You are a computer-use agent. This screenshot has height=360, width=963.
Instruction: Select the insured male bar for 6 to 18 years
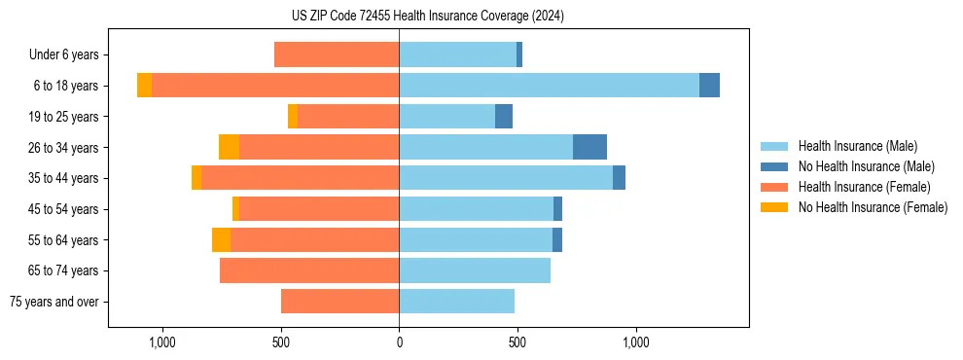point(549,86)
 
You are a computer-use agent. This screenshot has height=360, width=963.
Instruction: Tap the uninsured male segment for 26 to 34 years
point(589,147)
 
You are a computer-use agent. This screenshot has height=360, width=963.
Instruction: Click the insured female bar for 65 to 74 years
point(309,270)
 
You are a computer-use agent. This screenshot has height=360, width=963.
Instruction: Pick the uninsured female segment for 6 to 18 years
point(144,86)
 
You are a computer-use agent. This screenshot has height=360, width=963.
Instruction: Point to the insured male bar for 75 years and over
point(456,302)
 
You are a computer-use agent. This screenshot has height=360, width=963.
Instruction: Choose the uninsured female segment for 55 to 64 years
point(221,239)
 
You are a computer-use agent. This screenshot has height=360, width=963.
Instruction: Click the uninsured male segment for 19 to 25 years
point(504,117)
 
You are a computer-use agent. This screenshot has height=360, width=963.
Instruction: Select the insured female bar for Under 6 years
point(337,54)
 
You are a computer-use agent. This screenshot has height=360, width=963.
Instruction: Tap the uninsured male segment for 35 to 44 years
point(619,178)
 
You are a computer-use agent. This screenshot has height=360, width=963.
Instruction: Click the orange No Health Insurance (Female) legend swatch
point(775,207)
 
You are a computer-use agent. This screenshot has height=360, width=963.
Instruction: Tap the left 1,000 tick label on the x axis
point(161,342)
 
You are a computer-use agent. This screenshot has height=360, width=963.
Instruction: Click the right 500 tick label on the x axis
point(517,342)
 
